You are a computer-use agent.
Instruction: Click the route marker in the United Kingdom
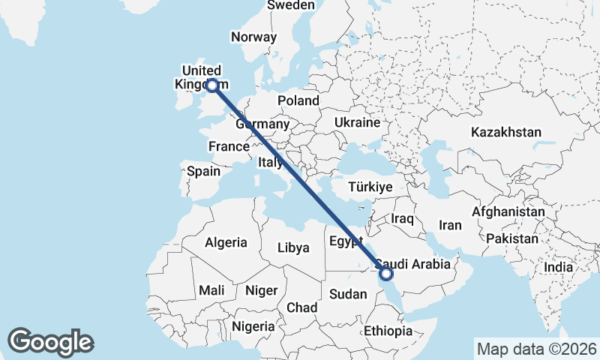click(x=213, y=85)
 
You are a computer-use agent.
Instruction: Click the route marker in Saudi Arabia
click(x=386, y=274)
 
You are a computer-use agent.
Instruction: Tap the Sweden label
click(x=291, y=5)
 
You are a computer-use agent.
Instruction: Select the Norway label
click(x=253, y=37)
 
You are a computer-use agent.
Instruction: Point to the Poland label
click(x=298, y=100)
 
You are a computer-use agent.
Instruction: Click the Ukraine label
click(x=357, y=121)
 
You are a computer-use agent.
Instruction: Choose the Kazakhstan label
click(x=506, y=132)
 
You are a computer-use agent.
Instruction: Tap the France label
click(x=228, y=146)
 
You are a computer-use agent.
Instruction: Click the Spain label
click(x=203, y=171)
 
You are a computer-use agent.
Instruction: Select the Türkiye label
click(x=371, y=187)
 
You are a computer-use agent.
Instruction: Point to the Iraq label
click(x=403, y=218)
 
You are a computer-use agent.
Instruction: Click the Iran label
click(x=450, y=225)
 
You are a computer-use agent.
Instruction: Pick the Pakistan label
click(x=512, y=238)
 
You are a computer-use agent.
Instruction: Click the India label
click(x=558, y=267)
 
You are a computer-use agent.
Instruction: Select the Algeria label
click(x=226, y=242)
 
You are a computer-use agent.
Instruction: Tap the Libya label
click(x=293, y=247)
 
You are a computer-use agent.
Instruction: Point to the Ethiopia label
click(x=388, y=331)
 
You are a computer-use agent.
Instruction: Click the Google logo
click(x=51, y=342)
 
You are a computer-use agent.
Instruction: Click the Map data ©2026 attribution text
click(x=537, y=349)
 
